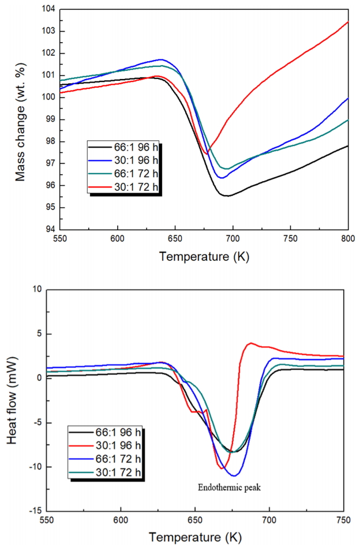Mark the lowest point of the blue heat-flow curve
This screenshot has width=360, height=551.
[x=235, y=475]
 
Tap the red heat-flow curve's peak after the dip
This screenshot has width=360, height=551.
[x=250, y=343]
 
